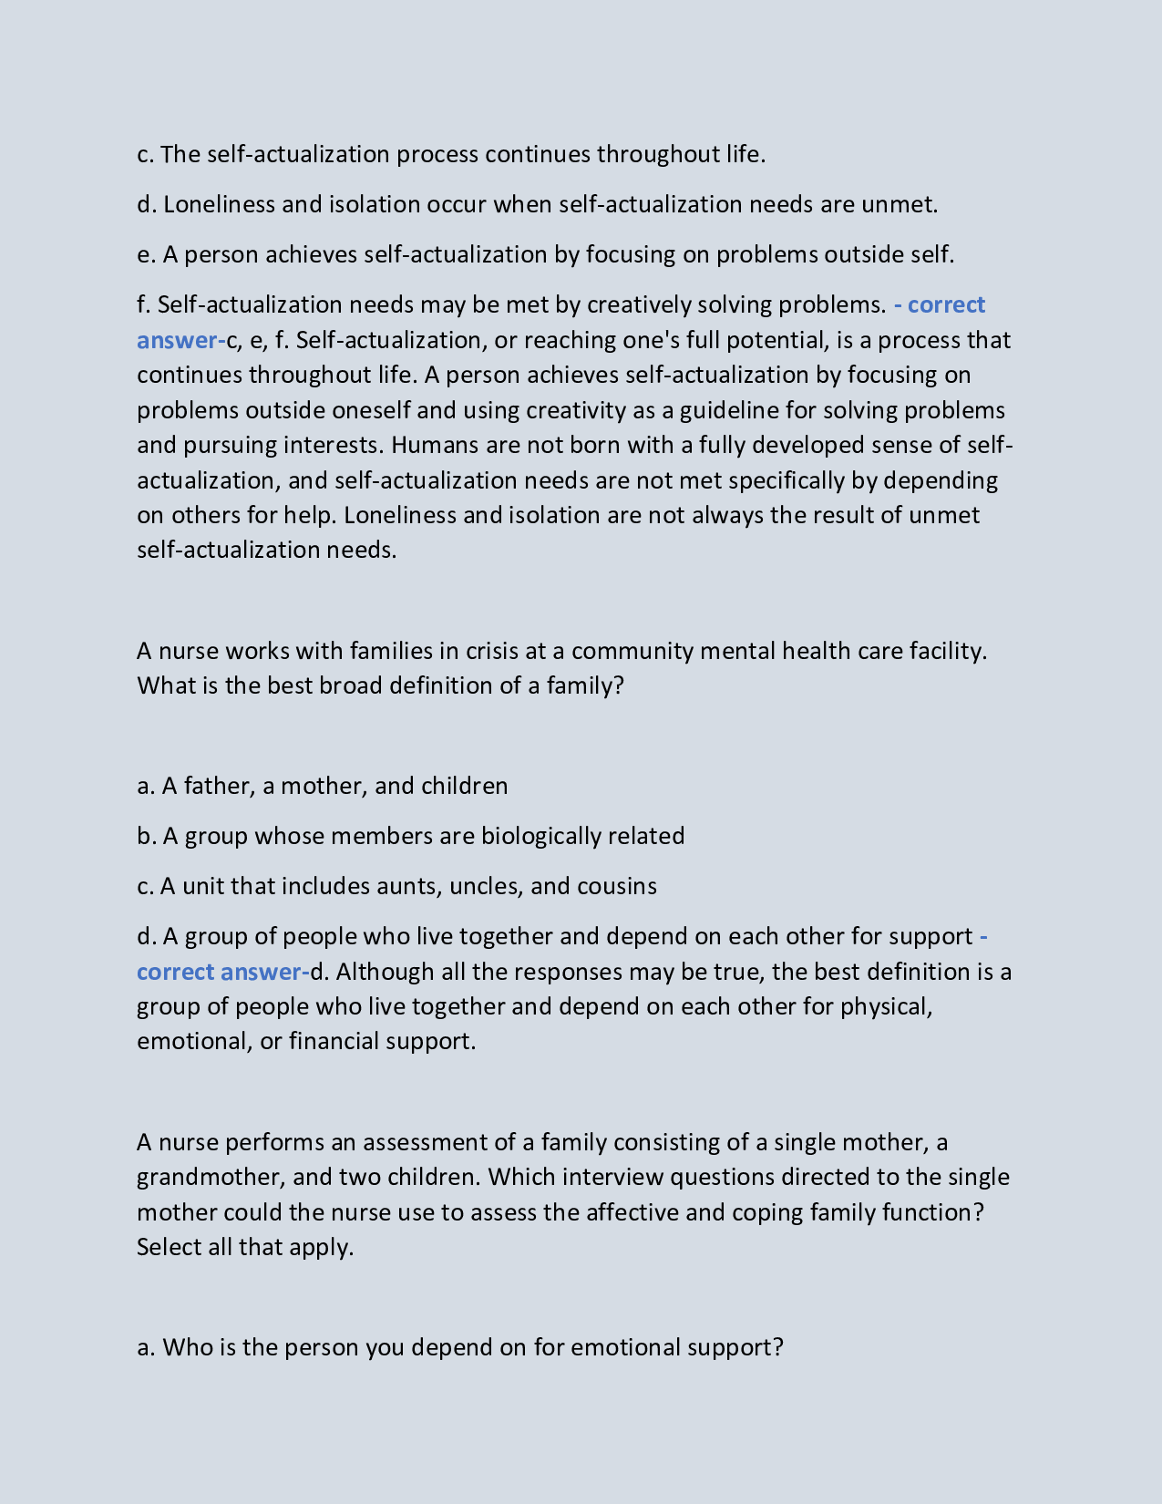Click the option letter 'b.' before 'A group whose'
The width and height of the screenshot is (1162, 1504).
146,836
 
